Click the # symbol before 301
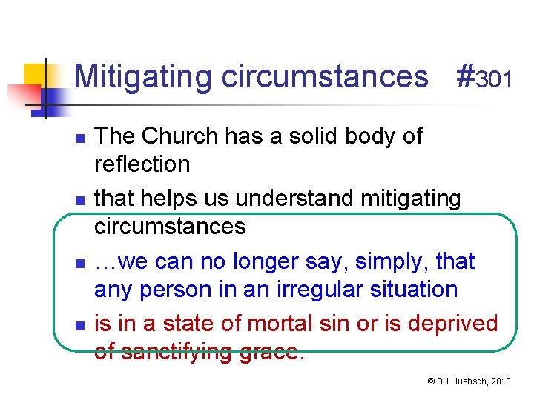click(464, 77)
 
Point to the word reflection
click(142, 164)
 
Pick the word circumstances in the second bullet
click(170, 225)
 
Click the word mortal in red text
click(276, 324)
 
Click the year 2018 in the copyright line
click(500, 381)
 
